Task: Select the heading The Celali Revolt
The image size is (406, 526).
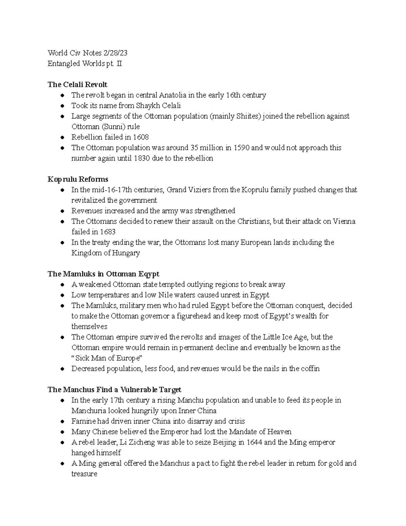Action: point(77,85)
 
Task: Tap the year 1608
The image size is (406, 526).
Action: point(140,137)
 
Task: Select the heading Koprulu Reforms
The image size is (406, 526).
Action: point(78,179)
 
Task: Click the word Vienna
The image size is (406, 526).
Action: point(344,222)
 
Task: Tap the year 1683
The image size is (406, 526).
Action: point(108,232)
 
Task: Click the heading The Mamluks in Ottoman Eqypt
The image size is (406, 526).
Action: point(104,274)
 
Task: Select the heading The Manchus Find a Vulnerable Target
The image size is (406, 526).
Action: point(114,390)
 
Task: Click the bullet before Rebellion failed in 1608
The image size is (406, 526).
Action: point(62,138)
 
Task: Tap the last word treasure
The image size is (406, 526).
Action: point(84,474)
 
